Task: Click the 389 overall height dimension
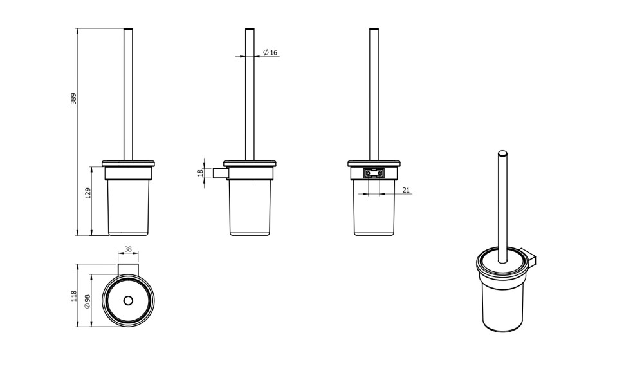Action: [x=73, y=99]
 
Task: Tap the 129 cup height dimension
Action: [x=88, y=193]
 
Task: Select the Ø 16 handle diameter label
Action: [x=270, y=52]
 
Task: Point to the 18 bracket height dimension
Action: [x=201, y=173]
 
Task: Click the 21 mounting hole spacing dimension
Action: [x=406, y=190]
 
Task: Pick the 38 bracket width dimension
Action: [x=128, y=249]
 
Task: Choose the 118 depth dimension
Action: [x=73, y=296]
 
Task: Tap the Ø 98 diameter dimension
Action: [x=87, y=302]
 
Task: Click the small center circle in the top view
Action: [x=128, y=301]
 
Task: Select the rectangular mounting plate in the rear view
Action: [x=374, y=173]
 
